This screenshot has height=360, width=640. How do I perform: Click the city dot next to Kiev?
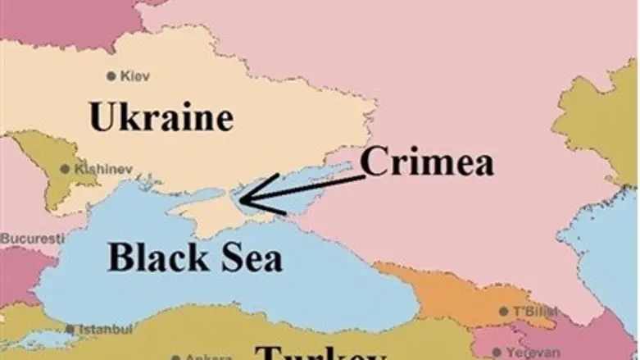(x=111, y=76)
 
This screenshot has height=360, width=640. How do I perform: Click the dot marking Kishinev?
(x=66, y=170)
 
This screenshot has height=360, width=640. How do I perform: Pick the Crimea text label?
(x=427, y=162)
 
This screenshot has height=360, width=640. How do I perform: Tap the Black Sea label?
(x=195, y=257)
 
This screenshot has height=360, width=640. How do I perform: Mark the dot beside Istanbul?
(x=71, y=330)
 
